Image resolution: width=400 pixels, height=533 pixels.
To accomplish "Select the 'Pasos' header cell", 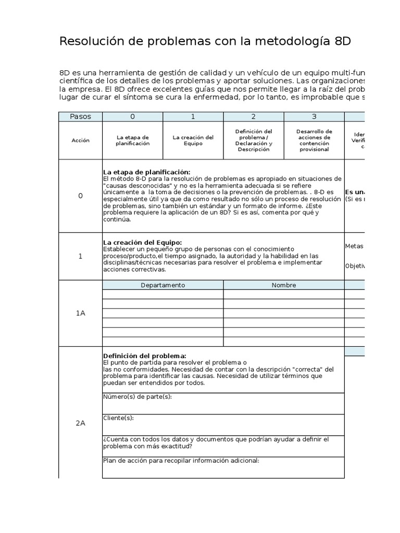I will [80, 117].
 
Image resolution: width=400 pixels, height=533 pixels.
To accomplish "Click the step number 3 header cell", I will [314, 117].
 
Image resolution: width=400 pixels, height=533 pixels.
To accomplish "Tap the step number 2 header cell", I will [253, 117].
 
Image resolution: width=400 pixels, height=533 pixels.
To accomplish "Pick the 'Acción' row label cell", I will [80, 141].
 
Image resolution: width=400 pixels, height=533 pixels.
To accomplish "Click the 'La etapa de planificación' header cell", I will [132, 141].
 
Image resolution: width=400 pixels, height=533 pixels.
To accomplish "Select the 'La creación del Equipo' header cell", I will [193, 141].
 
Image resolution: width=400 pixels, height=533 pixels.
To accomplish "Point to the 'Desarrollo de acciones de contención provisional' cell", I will [314, 141].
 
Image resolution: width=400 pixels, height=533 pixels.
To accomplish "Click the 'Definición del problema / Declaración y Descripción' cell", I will [253, 141].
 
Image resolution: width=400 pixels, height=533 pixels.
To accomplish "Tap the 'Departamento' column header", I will [162, 285].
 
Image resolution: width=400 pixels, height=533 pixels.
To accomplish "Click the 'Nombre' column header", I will [283, 285].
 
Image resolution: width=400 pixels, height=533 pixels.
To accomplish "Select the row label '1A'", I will [80, 313].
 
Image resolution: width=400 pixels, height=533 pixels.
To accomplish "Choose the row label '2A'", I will [80, 423].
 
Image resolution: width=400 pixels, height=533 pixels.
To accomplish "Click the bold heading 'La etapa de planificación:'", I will [146, 172].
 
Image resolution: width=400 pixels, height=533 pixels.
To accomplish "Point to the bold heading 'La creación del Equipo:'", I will [142, 243].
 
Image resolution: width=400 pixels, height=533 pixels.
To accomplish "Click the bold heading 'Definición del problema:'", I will [144, 356].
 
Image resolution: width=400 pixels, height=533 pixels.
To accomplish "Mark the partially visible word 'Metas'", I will [354, 246].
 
